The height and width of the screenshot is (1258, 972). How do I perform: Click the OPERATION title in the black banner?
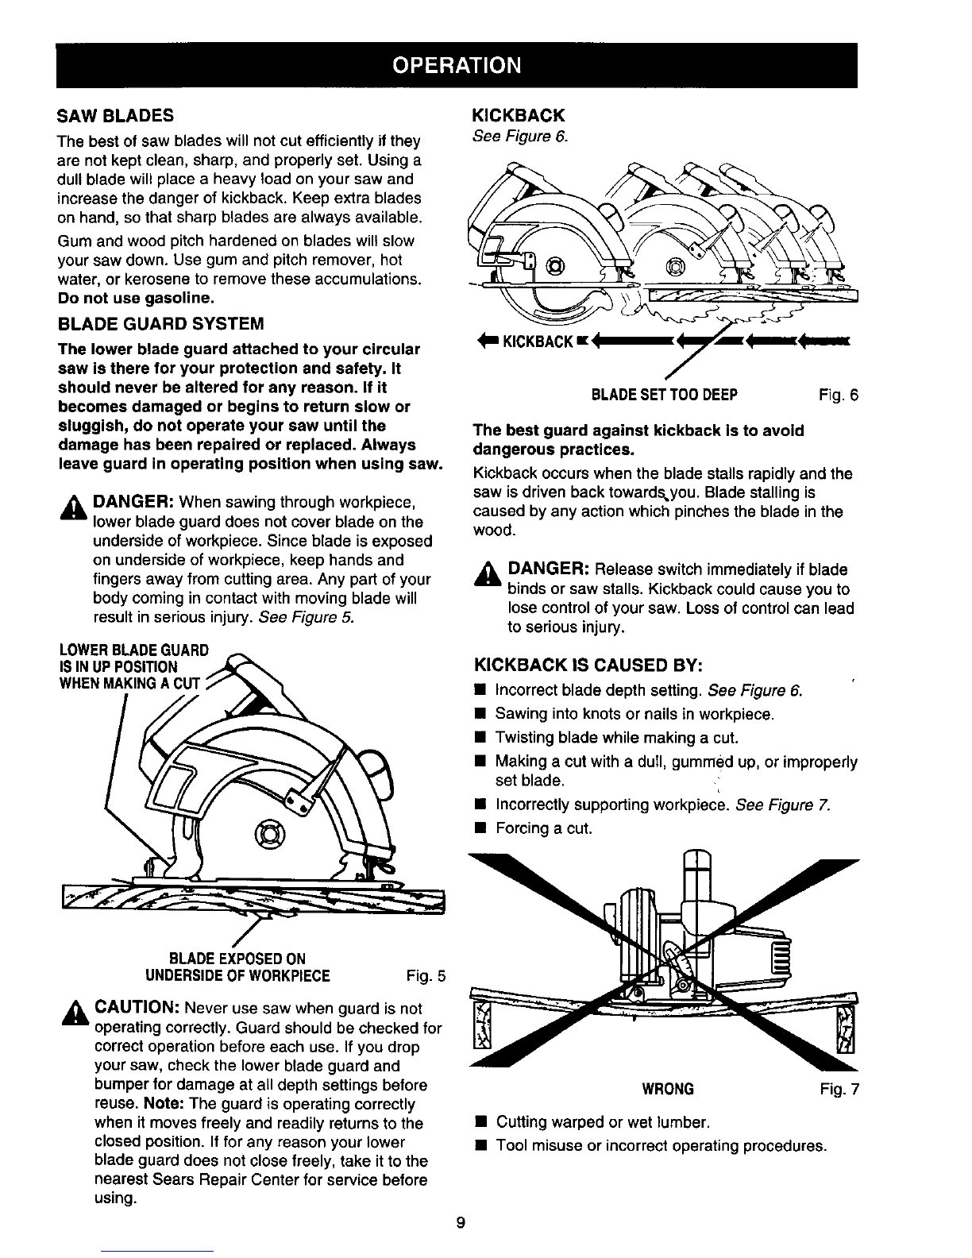[x=457, y=64]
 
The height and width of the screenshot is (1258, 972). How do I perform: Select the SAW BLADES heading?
[x=116, y=115]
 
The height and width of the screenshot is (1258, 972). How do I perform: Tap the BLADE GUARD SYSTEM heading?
[x=160, y=324]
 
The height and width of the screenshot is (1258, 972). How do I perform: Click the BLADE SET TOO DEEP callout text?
[x=665, y=395]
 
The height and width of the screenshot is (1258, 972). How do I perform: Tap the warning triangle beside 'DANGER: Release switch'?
[x=488, y=574]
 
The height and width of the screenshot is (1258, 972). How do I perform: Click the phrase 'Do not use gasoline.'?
[x=135, y=299]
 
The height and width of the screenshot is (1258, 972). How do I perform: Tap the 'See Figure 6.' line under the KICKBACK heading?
[x=520, y=136]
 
